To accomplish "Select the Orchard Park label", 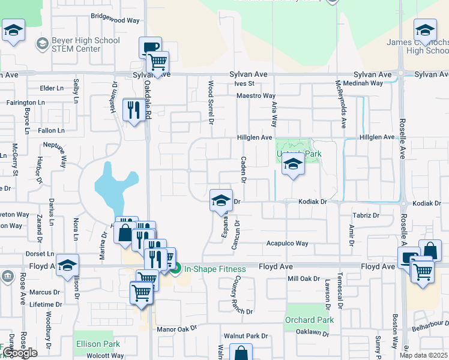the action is (x=309, y=320).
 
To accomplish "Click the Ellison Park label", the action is (x=98, y=344).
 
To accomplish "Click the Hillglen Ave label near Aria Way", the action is (x=254, y=137).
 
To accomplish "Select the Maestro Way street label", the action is (x=256, y=96).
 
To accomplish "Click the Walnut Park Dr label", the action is (x=245, y=336).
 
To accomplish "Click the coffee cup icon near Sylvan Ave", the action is (x=150, y=47).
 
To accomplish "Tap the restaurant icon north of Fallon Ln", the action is (x=133, y=109).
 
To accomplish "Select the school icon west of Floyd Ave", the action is (x=68, y=265).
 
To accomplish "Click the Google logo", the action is (x=20, y=353).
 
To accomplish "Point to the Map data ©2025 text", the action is (x=423, y=355).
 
